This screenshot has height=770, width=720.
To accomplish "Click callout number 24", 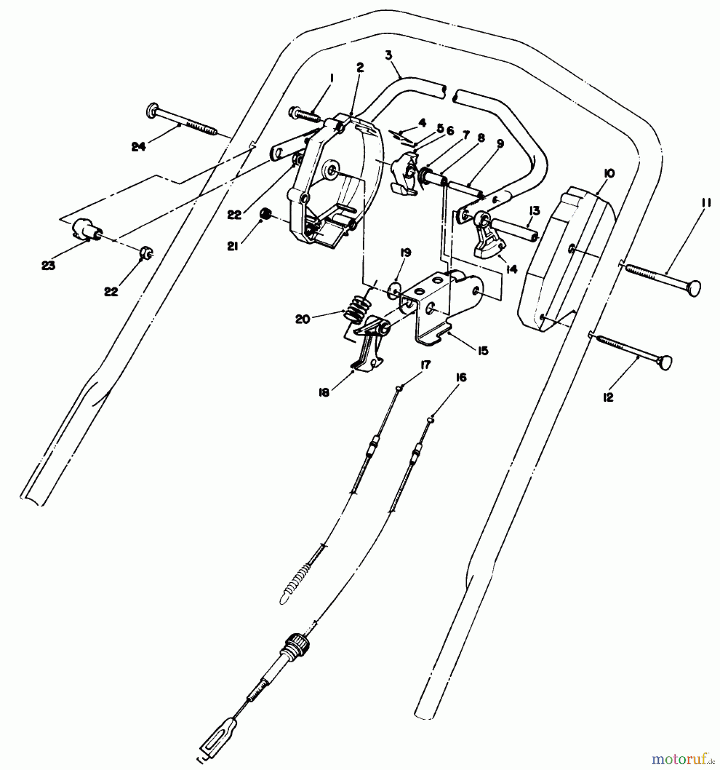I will click(x=138, y=147).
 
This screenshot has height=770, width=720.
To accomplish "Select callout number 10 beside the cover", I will click(x=610, y=174).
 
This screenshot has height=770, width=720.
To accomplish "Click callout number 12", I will click(x=608, y=397).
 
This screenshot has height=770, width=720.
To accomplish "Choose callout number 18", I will click(x=324, y=392).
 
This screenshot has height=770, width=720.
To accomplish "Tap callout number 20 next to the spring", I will click(x=302, y=319).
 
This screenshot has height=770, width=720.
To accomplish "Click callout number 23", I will click(x=48, y=266).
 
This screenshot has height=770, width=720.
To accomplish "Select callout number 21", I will click(x=233, y=247).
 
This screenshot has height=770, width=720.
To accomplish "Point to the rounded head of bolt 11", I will click(x=692, y=288).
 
